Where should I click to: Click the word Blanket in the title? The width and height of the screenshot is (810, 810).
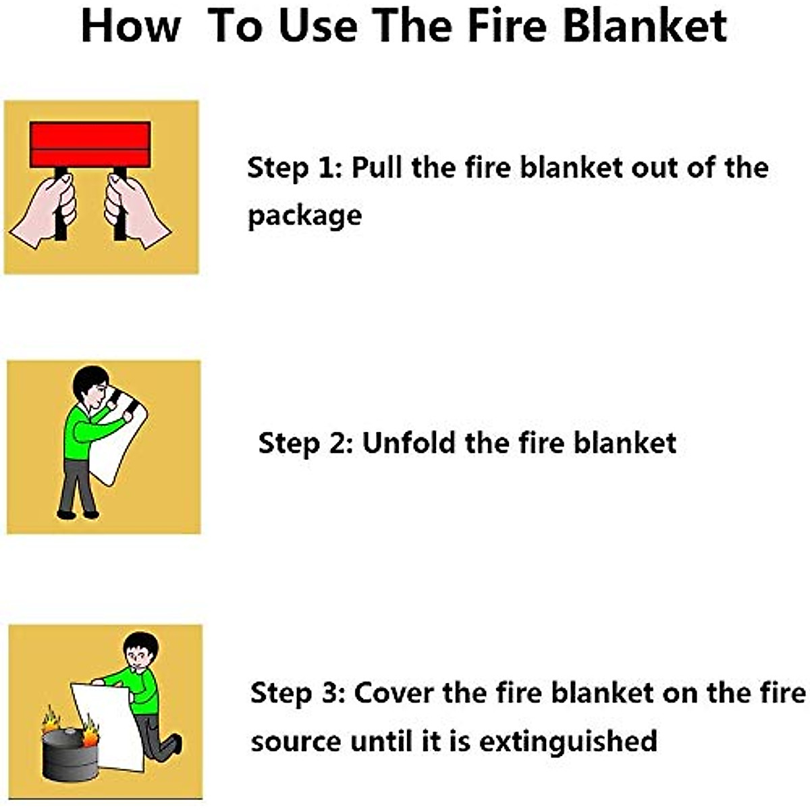click(645, 27)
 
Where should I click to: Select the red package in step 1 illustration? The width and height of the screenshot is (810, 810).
click(90, 144)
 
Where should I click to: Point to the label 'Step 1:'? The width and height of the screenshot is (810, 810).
click(294, 168)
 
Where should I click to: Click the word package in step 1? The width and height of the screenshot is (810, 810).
click(304, 217)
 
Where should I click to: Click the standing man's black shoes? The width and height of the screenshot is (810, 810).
click(77, 515)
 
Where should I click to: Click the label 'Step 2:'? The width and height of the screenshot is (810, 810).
click(305, 443)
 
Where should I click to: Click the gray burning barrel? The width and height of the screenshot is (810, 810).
click(69, 755)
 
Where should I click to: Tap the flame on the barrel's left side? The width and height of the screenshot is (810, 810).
click(51, 721)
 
